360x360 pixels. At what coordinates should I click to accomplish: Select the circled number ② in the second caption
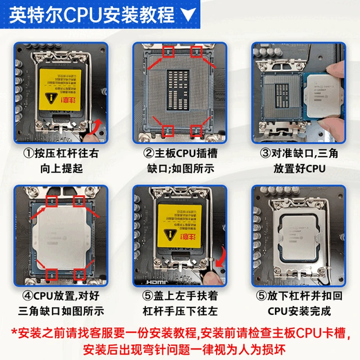(148, 153)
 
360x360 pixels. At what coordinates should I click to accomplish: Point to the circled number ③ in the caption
(265, 153)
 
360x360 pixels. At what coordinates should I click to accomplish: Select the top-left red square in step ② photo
(167, 52)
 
